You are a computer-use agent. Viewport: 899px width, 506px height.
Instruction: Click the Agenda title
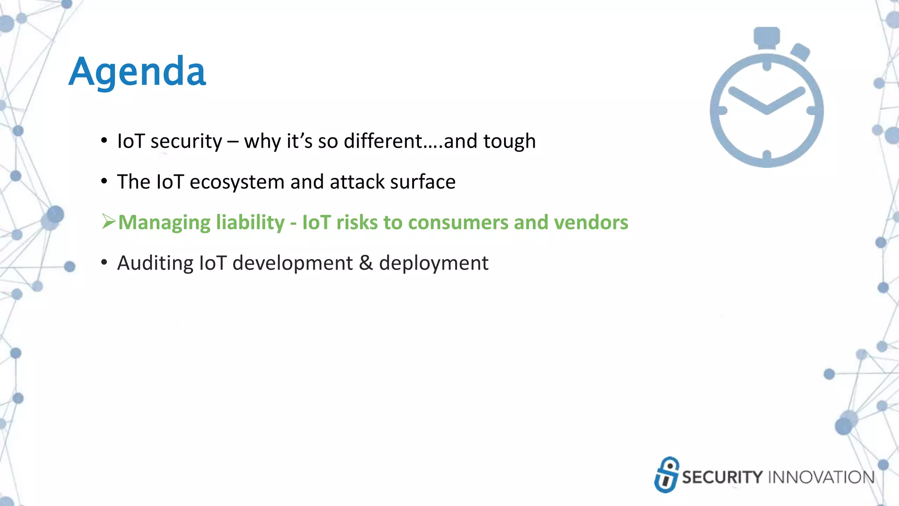137,72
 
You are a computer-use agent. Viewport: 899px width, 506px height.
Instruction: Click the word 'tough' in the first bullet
509,141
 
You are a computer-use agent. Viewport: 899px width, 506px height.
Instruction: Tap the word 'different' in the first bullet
382,141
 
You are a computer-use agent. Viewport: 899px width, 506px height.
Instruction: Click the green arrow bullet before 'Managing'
108,222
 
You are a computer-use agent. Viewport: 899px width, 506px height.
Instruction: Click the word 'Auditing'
155,263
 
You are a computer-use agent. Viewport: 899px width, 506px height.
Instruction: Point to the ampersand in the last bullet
366,263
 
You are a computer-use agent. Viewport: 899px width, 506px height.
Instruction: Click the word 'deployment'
433,264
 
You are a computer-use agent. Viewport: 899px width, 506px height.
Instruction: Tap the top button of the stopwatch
767,36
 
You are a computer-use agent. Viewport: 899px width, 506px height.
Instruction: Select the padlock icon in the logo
666,475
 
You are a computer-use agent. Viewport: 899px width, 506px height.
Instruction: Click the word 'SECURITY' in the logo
723,477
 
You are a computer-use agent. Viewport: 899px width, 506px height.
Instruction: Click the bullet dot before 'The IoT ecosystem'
104,181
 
